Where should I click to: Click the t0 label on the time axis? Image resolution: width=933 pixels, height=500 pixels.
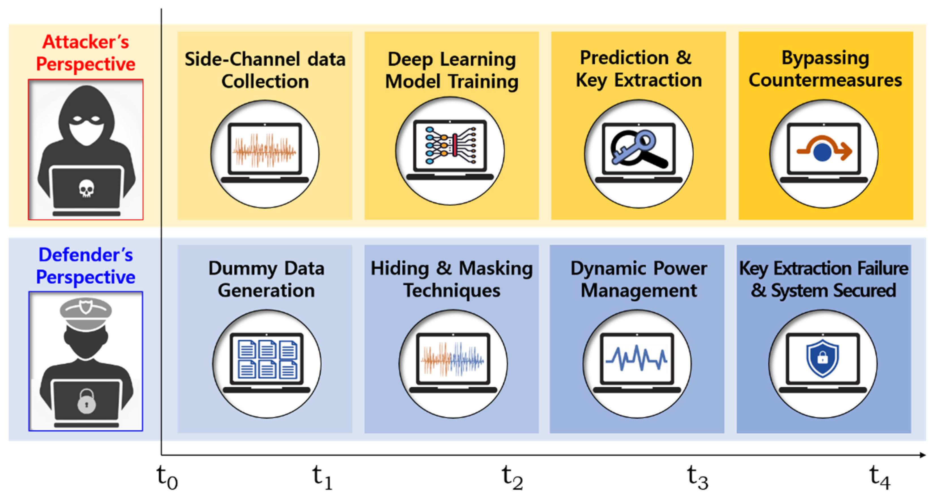[x=167, y=477]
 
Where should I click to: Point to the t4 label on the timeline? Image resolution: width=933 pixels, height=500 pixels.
[x=880, y=477]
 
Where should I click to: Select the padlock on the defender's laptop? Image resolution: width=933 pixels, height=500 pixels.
[x=87, y=401]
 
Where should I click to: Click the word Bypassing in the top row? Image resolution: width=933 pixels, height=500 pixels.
[x=825, y=58]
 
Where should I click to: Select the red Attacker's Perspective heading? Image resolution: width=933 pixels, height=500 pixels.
[x=86, y=53]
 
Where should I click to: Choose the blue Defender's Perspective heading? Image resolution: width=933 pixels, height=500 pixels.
[x=86, y=266]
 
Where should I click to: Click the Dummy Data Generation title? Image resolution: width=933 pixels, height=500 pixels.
[x=266, y=279]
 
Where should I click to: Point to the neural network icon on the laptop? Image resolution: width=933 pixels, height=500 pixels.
[x=450, y=145]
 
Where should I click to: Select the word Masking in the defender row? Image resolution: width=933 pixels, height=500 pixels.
[x=496, y=269]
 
